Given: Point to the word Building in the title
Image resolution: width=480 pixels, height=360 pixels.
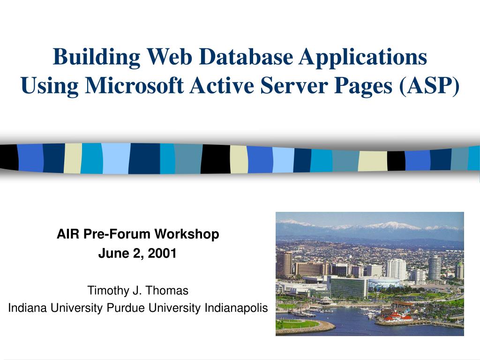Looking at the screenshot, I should (97, 57).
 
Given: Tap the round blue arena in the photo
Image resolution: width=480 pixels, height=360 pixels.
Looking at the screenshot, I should (385, 283).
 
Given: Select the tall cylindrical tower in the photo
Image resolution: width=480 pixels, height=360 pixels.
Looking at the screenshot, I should (434, 268).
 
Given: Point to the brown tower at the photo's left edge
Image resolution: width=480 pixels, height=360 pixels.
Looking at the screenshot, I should (284, 264).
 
